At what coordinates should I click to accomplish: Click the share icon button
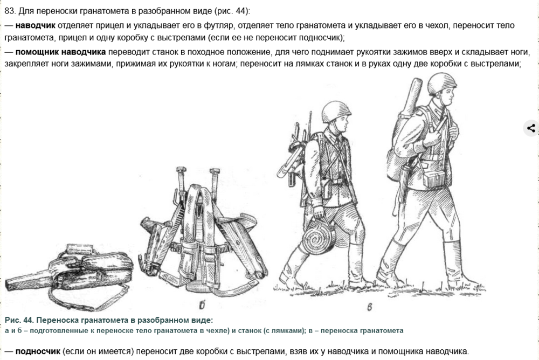(531, 128)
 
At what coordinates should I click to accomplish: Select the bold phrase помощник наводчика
(60, 52)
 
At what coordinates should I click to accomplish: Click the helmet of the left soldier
(335, 111)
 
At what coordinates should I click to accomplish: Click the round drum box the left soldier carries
(318, 238)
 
